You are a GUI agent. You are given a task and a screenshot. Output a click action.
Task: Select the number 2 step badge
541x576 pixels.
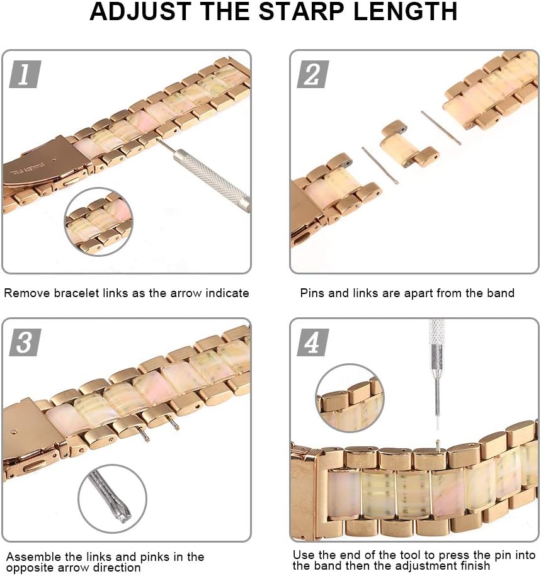(312, 74)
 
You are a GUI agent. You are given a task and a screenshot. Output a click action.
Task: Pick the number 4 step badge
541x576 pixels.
(312, 342)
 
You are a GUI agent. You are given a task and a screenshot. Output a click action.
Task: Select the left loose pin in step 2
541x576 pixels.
(380, 165)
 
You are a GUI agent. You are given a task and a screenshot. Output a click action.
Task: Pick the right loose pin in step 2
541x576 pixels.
(441, 128)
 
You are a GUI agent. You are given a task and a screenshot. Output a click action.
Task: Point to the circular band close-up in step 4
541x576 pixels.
(349, 398)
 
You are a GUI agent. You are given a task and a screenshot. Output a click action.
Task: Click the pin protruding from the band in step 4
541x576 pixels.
(438, 446)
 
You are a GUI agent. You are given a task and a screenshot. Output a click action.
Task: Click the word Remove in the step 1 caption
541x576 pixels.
(23, 293)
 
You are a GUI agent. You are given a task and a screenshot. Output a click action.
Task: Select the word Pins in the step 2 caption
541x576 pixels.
(312, 293)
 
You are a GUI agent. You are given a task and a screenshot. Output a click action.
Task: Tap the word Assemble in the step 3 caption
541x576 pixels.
(29, 557)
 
